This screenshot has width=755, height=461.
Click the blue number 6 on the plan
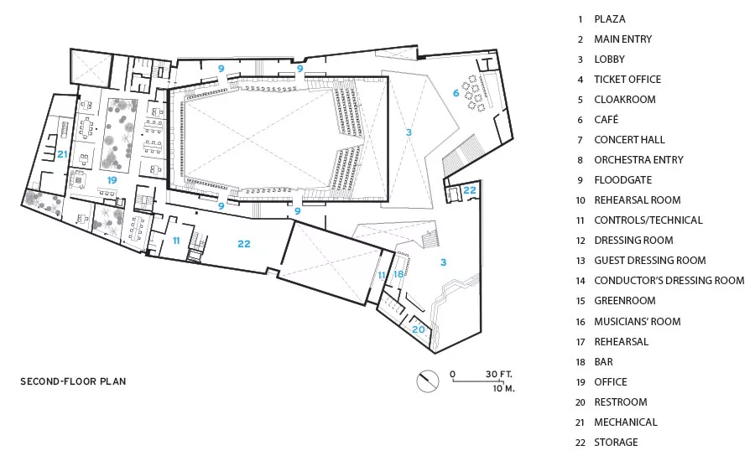tap(456, 93)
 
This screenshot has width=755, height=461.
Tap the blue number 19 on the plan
tap(112, 180)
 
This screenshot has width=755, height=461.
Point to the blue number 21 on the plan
tap(62, 154)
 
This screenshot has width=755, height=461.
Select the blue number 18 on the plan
tap(398, 274)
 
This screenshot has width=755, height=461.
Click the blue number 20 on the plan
tap(419, 329)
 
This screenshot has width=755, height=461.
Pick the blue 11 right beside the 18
tap(382, 275)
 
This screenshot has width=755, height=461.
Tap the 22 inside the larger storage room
tap(244, 244)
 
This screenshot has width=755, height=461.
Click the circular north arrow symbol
tap(428, 381)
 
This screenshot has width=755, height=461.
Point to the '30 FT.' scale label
tap(499, 374)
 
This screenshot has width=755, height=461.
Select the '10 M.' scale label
tap(503, 388)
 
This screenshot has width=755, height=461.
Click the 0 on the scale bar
tap(453, 374)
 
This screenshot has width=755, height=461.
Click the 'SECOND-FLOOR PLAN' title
tap(73, 381)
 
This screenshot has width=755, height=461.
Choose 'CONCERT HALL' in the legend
tap(629, 139)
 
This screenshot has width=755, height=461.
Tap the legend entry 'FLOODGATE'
tap(623, 180)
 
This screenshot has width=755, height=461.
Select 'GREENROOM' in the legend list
tap(625, 301)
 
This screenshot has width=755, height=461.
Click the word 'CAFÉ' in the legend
tap(607, 119)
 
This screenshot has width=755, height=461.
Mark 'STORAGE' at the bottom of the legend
tap(616, 443)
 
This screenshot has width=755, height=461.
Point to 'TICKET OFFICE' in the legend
tap(627, 80)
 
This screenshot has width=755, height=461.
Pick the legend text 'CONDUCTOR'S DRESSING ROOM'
tap(669, 280)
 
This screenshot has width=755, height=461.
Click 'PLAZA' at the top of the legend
tap(610, 19)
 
